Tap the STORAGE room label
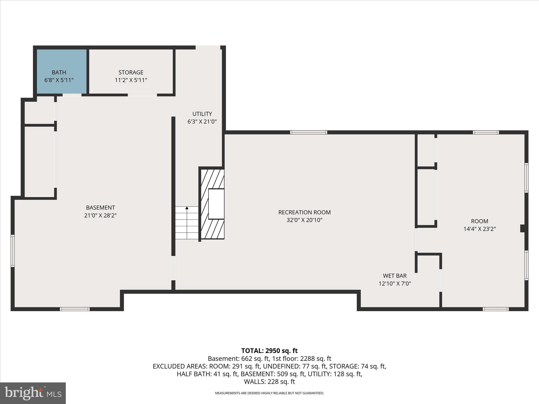click(131, 72)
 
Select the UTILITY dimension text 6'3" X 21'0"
click(202, 122)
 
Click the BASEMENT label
click(100, 208)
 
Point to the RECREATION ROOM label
click(304, 212)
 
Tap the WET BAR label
click(395, 276)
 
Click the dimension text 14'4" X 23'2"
click(479, 229)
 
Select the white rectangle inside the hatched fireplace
click(216, 204)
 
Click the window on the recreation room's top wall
click(308, 132)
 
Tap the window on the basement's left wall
click(12, 251)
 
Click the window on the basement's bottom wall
click(75, 309)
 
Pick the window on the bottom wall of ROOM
click(495, 309)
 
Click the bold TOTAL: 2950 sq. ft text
click(269, 351)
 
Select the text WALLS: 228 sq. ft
click(269, 381)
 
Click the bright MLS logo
click(33, 393)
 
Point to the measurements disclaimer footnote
click(269, 393)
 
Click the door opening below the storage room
click(142, 95)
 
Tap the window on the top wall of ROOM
click(486, 132)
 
